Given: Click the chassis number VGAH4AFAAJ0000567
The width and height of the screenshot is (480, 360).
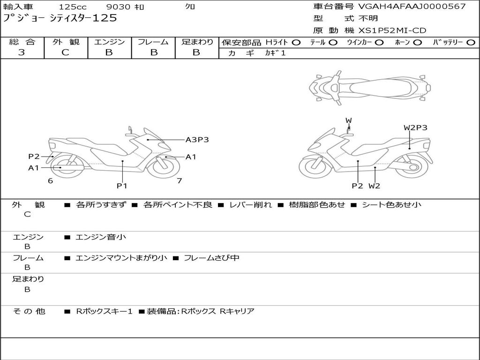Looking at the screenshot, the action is pyautogui.click(x=412, y=6).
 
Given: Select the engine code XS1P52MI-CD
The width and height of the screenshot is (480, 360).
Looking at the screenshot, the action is pyautogui.click(x=392, y=30).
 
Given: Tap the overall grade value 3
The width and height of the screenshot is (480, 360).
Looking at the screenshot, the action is pyautogui.click(x=22, y=52).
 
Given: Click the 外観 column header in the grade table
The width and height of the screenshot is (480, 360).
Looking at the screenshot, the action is pyautogui.click(x=66, y=42).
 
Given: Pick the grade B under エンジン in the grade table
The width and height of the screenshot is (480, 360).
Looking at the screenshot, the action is pyautogui.click(x=109, y=52).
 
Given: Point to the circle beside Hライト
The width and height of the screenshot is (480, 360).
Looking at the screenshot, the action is pyautogui.click(x=296, y=43).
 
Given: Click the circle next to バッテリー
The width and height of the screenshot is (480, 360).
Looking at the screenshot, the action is pyautogui.click(x=471, y=43).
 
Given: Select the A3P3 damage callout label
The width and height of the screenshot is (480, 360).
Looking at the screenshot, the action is pyautogui.click(x=197, y=140).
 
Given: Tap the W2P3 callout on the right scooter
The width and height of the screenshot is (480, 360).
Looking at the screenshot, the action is pyautogui.click(x=415, y=127).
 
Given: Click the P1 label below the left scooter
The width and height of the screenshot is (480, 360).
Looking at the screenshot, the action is pyautogui.click(x=122, y=186).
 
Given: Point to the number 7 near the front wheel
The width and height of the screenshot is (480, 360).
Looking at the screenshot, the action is pyautogui.click(x=180, y=181).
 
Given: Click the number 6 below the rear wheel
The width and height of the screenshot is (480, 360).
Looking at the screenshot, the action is pyautogui.click(x=50, y=181).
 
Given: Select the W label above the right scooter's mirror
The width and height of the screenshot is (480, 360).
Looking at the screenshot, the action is pyautogui.click(x=349, y=120).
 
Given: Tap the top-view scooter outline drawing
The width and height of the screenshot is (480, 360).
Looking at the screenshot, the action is pyautogui.click(x=370, y=88).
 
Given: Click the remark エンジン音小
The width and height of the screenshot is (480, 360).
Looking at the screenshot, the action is pyautogui.click(x=101, y=237).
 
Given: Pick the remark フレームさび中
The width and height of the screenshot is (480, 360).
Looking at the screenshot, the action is pyautogui.click(x=211, y=258).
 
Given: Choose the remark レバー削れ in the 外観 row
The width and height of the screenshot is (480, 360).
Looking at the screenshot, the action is pyautogui.click(x=251, y=204).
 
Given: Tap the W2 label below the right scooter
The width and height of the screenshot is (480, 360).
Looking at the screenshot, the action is pyautogui.click(x=374, y=186).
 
